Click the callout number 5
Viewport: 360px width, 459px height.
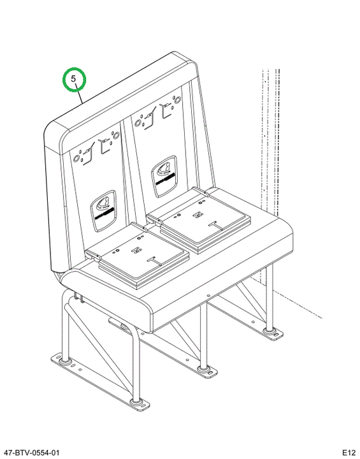coord(73,78)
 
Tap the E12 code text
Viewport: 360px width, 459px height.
coord(349,453)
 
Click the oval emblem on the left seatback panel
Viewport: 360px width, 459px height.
coord(103,211)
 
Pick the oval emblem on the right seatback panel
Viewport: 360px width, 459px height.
coord(164,176)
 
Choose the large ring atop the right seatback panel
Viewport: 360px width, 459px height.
coord(176,100)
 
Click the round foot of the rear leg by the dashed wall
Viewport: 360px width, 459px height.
coord(268,331)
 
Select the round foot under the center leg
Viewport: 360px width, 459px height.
coord(203,368)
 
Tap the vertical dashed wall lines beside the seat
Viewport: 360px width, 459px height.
coord(271,140)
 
